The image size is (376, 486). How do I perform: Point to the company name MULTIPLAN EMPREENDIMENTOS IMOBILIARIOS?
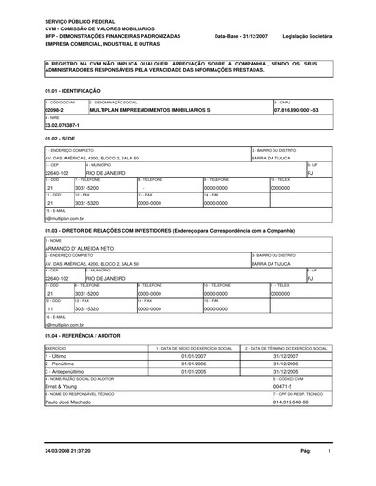pos(142,110)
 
